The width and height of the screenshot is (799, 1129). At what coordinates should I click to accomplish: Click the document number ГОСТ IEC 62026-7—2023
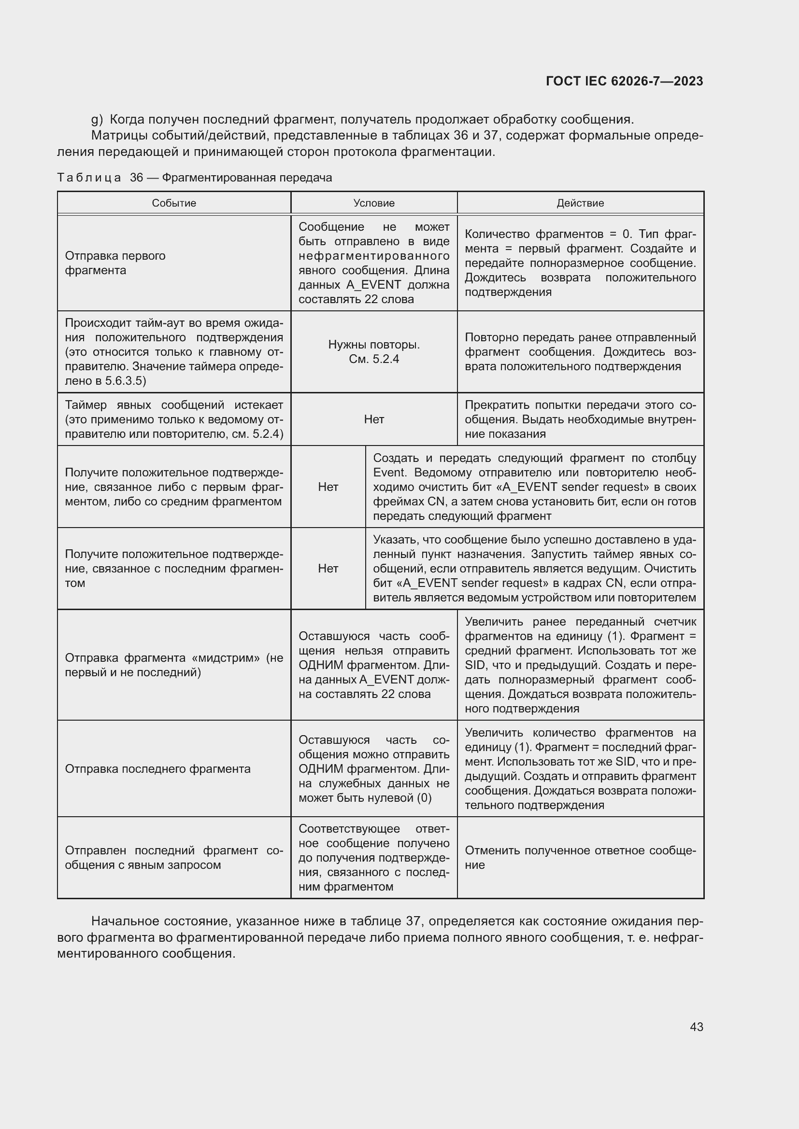tap(624, 81)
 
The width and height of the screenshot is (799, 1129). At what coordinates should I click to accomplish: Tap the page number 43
tap(696, 1027)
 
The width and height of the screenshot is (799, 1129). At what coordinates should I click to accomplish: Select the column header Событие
tap(174, 203)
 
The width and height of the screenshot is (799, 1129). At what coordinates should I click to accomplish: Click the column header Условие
tap(373, 203)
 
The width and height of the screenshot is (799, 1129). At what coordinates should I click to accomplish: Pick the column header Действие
tap(580, 203)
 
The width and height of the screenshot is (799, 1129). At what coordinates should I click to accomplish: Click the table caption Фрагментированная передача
tap(246, 178)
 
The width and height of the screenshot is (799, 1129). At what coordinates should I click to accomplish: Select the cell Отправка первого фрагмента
tap(115, 263)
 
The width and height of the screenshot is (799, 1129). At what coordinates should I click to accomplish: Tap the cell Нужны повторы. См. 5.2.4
tap(373, 351)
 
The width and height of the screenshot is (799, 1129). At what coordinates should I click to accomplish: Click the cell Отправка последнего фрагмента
tap(157, 768)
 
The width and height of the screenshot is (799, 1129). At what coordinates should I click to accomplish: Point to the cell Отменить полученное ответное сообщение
tap(580, 858)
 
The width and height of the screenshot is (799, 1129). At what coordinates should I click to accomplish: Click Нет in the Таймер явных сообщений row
tap(373, 419)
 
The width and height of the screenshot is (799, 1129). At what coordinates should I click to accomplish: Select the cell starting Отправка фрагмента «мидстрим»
tap(174, 665)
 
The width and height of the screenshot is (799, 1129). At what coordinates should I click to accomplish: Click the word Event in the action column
tap(389, 473)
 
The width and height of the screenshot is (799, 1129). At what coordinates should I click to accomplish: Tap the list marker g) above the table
tap(97, 120)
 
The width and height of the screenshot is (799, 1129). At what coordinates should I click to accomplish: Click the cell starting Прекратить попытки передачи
tap(580, 419)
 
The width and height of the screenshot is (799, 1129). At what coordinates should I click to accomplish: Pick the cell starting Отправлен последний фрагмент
tap(174, 858)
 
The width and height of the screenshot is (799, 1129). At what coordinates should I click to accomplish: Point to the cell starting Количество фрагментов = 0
tap(580, 263)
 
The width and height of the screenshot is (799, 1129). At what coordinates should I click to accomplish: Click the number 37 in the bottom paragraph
tap(414, 921)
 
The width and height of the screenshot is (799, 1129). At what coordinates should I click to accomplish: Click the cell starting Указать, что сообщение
tap(534, 569)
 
